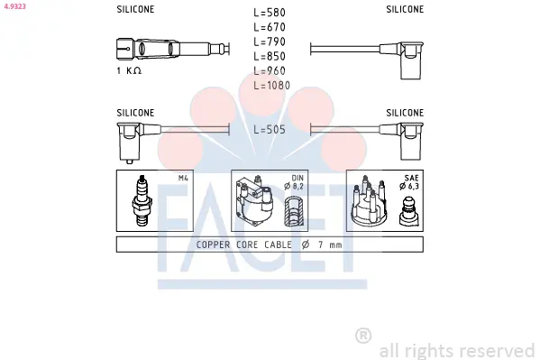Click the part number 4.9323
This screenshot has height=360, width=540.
click(15, 6)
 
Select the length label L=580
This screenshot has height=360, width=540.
click(270, 13)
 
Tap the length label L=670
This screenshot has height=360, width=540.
click(270, 27)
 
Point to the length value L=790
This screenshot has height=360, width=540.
click(270, 42)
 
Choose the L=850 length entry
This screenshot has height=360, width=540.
click(270, 56)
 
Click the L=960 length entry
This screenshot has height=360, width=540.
click(270, 70)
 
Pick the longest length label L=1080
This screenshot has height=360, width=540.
click(272, 85)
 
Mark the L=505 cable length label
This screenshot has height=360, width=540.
click(270, 130)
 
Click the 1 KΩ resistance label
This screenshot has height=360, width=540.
click(129, 70)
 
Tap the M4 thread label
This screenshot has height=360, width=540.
click(183, 178)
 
